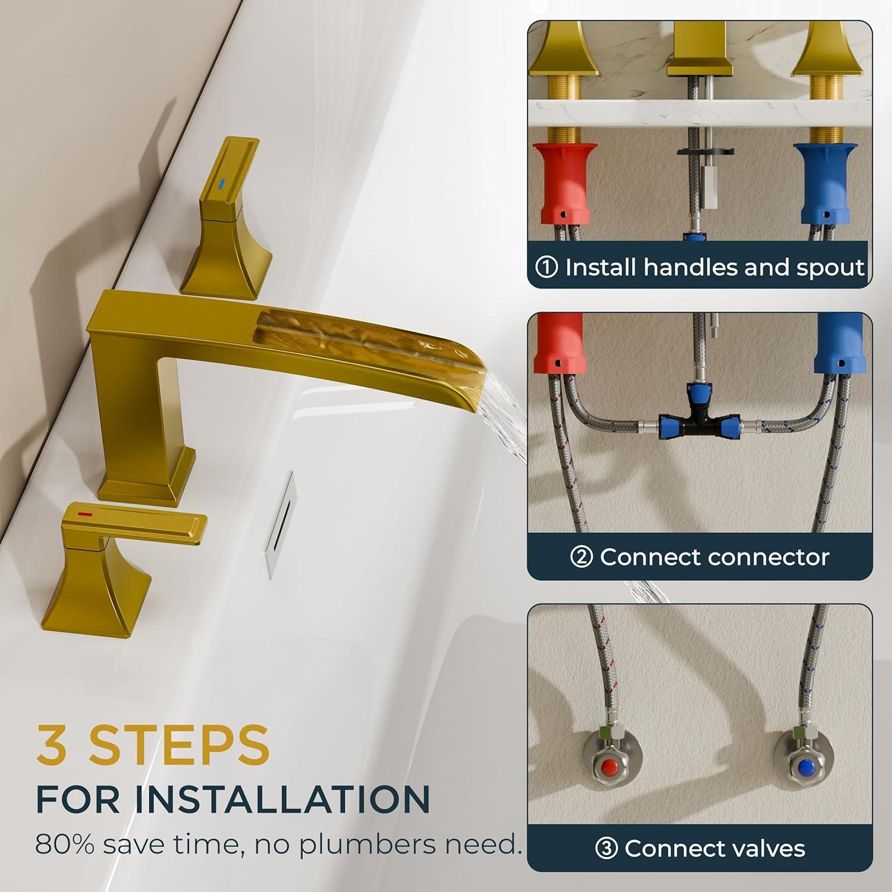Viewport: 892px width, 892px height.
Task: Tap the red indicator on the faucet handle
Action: point(86,512)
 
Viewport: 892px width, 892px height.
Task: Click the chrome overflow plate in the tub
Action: point(278,524)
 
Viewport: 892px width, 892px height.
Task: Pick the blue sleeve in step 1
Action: point(827,183)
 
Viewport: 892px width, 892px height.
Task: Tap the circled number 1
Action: point(546,267)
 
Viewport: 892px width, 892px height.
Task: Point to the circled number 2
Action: point(581,557)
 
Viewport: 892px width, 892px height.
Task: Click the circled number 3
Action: point(606,849)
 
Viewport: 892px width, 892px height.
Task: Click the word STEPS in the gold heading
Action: point(179,745)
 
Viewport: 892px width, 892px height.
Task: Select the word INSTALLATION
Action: point(282,799)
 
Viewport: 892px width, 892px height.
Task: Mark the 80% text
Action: point(65,844)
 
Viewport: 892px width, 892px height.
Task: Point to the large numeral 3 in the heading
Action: point(54,745)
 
